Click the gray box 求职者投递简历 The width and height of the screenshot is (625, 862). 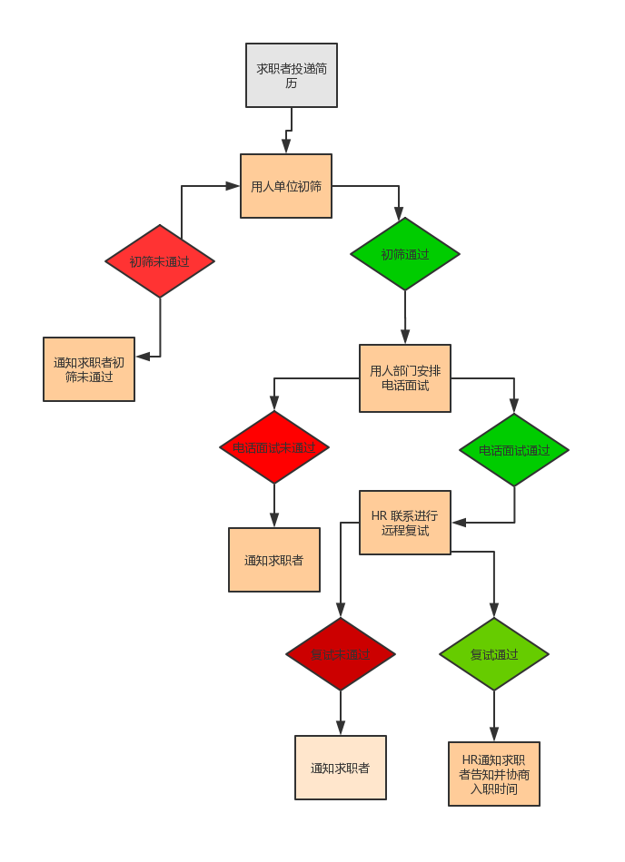[292, 75]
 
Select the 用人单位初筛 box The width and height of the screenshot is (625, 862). [286, 186]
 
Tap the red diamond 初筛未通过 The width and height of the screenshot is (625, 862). [160, 261]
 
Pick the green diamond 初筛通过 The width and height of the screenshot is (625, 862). [405, 254]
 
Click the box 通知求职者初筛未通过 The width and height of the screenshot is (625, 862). [89, 369]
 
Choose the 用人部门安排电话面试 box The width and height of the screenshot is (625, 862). [405, 378]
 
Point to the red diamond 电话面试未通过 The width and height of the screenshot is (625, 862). [274, 447]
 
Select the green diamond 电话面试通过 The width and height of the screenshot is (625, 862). [514, 450]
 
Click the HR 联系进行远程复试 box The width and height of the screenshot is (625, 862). [405, 523]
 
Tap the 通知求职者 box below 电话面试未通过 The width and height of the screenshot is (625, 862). [274, 560]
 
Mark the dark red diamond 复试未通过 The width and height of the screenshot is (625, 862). [341, 654]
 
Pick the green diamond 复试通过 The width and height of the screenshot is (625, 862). [494, 654]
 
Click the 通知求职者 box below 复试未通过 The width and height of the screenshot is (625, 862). [341, 768]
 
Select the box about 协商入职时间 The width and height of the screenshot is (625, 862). [494, 774]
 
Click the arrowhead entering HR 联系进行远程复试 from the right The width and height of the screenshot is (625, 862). [459, 523]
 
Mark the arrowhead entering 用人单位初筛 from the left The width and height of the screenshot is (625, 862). [233, 186]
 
